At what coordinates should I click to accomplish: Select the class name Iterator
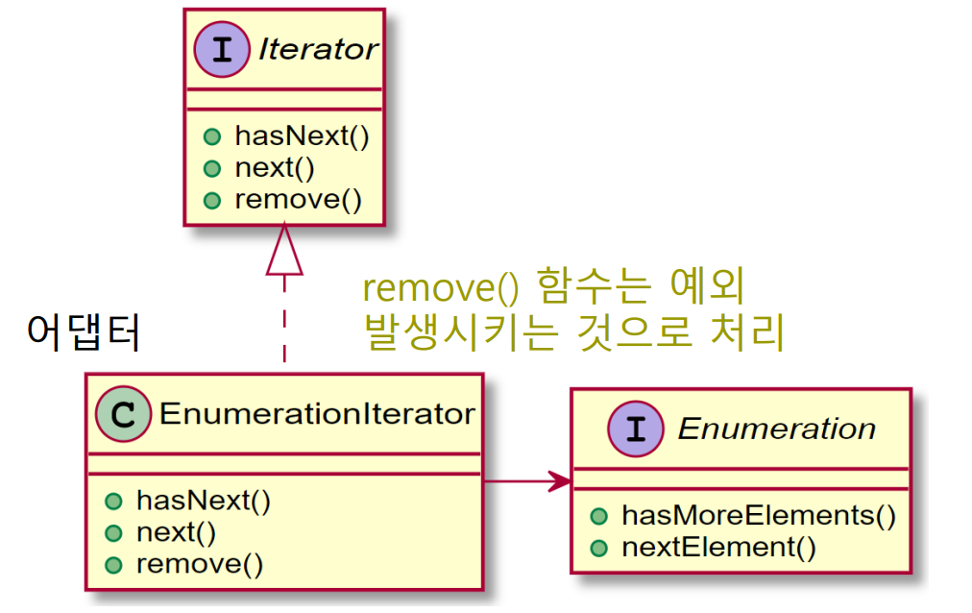click(318, 50)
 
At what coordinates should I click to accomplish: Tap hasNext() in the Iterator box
click(301, 135)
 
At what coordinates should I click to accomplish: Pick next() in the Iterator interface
click(274, 167)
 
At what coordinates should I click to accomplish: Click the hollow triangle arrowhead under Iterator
click(284, 253)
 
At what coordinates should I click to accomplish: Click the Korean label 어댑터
click(84, 332)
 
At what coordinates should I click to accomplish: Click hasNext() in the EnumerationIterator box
click(203, 500)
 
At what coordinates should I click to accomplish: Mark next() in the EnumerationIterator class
click(176, 531)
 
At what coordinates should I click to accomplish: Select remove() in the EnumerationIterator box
click(199, 563)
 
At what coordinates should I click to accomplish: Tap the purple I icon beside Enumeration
click(635, 429)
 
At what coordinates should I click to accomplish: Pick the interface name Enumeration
click(776, 429)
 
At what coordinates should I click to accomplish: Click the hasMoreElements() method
click(758, 515)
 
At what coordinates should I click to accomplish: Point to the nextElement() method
click(718, 548)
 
